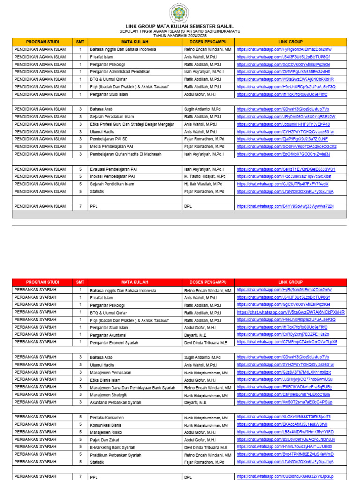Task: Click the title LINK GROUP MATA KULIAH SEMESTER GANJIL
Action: point(180,26)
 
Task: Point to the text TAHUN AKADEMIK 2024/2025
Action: point(180,35)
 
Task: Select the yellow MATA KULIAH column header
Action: point(135,42)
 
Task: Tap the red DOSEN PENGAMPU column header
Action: point(208,282)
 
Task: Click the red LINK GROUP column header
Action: point(291,282)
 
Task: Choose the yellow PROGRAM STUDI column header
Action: point(42,42)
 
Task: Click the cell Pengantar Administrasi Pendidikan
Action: point(120,72)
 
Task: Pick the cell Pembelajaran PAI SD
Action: point(109,139)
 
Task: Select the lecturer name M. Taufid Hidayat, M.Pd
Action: point(205,177)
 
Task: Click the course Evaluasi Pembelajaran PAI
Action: point(113,169)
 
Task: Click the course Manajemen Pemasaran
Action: point(111,372)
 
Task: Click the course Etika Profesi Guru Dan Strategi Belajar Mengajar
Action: point(132,124)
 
